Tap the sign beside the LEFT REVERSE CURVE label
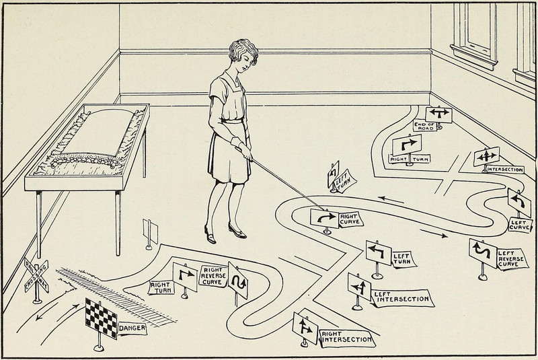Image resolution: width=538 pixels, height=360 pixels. tap(484, 253)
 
